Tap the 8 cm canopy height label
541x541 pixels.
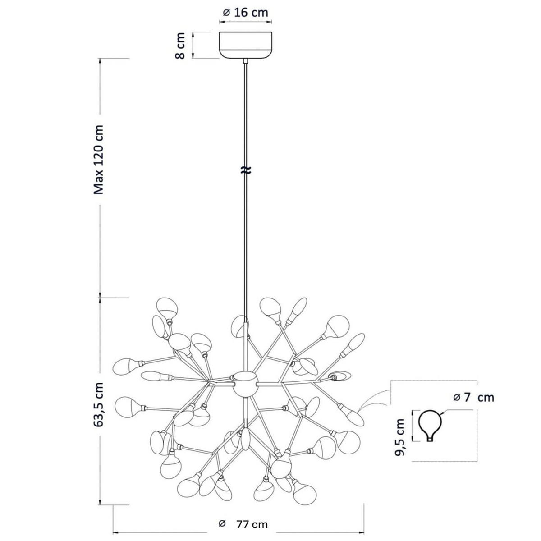(x=180, y=46)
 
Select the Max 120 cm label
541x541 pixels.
(x=99, y=160)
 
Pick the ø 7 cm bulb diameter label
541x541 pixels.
(x=473, y=397)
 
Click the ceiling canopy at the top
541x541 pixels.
(x=245, y=45)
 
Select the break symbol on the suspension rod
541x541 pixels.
(x=245, y=170)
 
